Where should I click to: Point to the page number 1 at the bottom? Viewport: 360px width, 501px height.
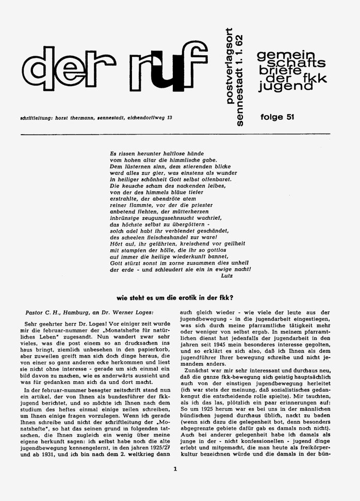point(175,469)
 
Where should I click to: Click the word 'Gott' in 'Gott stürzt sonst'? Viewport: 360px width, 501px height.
point(118,262)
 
